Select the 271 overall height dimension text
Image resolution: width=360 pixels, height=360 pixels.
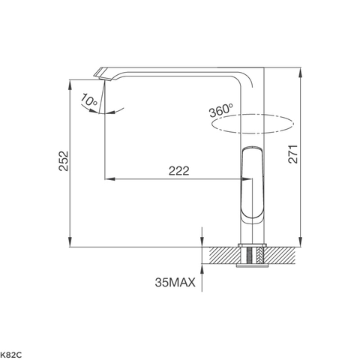click(x=295, y=153)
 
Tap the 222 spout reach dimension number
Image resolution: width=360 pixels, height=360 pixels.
click(x=178, y=171)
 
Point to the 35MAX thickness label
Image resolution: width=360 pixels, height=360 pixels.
click(x=175, y=283)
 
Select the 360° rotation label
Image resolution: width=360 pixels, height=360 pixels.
click(x=220, y=110)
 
